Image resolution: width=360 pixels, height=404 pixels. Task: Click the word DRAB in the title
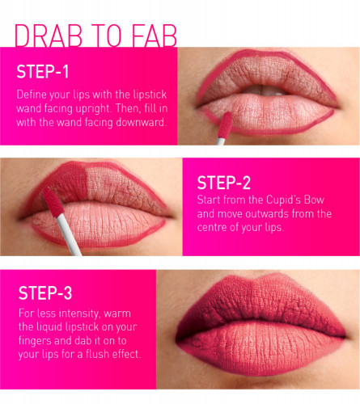(49, 36)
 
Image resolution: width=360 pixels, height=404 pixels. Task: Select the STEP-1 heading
(43, 72)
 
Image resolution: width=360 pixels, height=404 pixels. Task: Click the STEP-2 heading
(224, 183)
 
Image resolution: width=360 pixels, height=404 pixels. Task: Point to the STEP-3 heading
(45, 292)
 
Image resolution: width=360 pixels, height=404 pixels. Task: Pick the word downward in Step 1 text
(140, 123)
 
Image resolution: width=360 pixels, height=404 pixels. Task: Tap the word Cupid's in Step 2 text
(283, 200)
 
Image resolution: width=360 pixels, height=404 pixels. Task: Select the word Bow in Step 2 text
(314, 200)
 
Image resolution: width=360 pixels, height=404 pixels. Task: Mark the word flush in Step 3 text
(97, 354)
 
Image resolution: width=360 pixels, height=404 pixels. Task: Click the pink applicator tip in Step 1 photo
(225, 125)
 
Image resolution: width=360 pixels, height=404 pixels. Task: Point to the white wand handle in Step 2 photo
(69, 234)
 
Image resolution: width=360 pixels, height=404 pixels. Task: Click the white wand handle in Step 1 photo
(220, 141)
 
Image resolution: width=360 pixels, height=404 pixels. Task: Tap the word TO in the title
(107, 36)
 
